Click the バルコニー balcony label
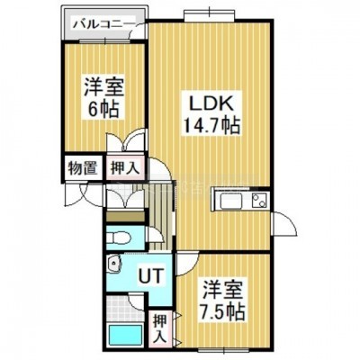pyautogui.click(x=103, y=23)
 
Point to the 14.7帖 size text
pyautogui.click(x=211, y=125)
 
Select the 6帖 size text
pyautogui.click(x=103, y=109)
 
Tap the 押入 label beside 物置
pyautogui.click(x=125, y=167)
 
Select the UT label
pyautogui.click(x=150, y=275)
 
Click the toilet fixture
pyautogui.click(x=119, y=238)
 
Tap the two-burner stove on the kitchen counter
pyautogui.click(x=259, y=200)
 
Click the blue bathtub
pyautogui.click(x=126, y=335)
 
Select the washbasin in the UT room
pyautogui.click(x=114, y=263)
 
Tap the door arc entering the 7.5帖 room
pyautogui.click(x=187, y=265)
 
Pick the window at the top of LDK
pyautogui.click(x=209, y=14)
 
